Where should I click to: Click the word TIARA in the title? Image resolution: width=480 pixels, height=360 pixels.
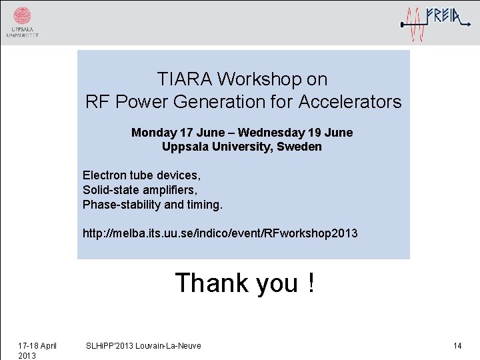click(x=185, y=79)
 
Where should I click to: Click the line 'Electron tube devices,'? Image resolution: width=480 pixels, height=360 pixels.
click(x=141, y=175)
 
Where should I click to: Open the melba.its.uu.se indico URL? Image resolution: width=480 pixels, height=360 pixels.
click(x=220, y=233)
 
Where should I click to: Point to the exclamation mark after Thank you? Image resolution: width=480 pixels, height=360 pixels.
click(x=311, y=283)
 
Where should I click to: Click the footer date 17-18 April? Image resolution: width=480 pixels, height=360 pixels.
click(x=37, y=345)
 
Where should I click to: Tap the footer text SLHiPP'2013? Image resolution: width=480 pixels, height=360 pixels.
click(x=111, y=345)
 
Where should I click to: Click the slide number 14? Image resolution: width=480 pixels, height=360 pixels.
click(x=457, y=345)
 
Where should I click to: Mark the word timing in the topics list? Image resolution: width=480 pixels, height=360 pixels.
click(x=203, y=205)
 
